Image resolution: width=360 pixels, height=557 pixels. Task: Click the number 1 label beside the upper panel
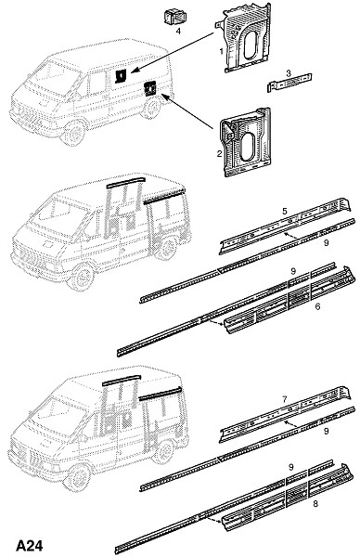coord(221,51)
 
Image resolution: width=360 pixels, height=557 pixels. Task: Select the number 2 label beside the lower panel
coord(219,154)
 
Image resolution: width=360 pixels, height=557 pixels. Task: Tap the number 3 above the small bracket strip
coord(289,73)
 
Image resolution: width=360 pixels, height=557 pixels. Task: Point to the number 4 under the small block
coord(178,32)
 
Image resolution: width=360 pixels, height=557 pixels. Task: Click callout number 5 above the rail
coord(284,211)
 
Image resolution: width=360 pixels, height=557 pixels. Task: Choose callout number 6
coord(317,305)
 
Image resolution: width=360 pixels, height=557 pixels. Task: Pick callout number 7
coord(284,399)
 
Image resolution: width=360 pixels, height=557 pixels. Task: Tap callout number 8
coord(315,503)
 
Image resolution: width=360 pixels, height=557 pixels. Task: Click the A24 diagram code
coord(30,545)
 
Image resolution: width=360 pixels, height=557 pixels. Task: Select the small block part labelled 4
coord(175,17)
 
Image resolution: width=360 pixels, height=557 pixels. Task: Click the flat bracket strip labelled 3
coord(289,84)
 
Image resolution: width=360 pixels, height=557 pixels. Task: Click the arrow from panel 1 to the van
coord(173,53)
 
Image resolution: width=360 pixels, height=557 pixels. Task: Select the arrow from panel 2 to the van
coord(189,111)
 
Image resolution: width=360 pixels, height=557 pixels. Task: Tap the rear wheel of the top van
coord(152,108)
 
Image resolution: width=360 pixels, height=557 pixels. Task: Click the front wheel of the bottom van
coord(79,477)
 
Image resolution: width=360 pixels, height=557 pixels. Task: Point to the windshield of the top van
coord(53,76)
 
